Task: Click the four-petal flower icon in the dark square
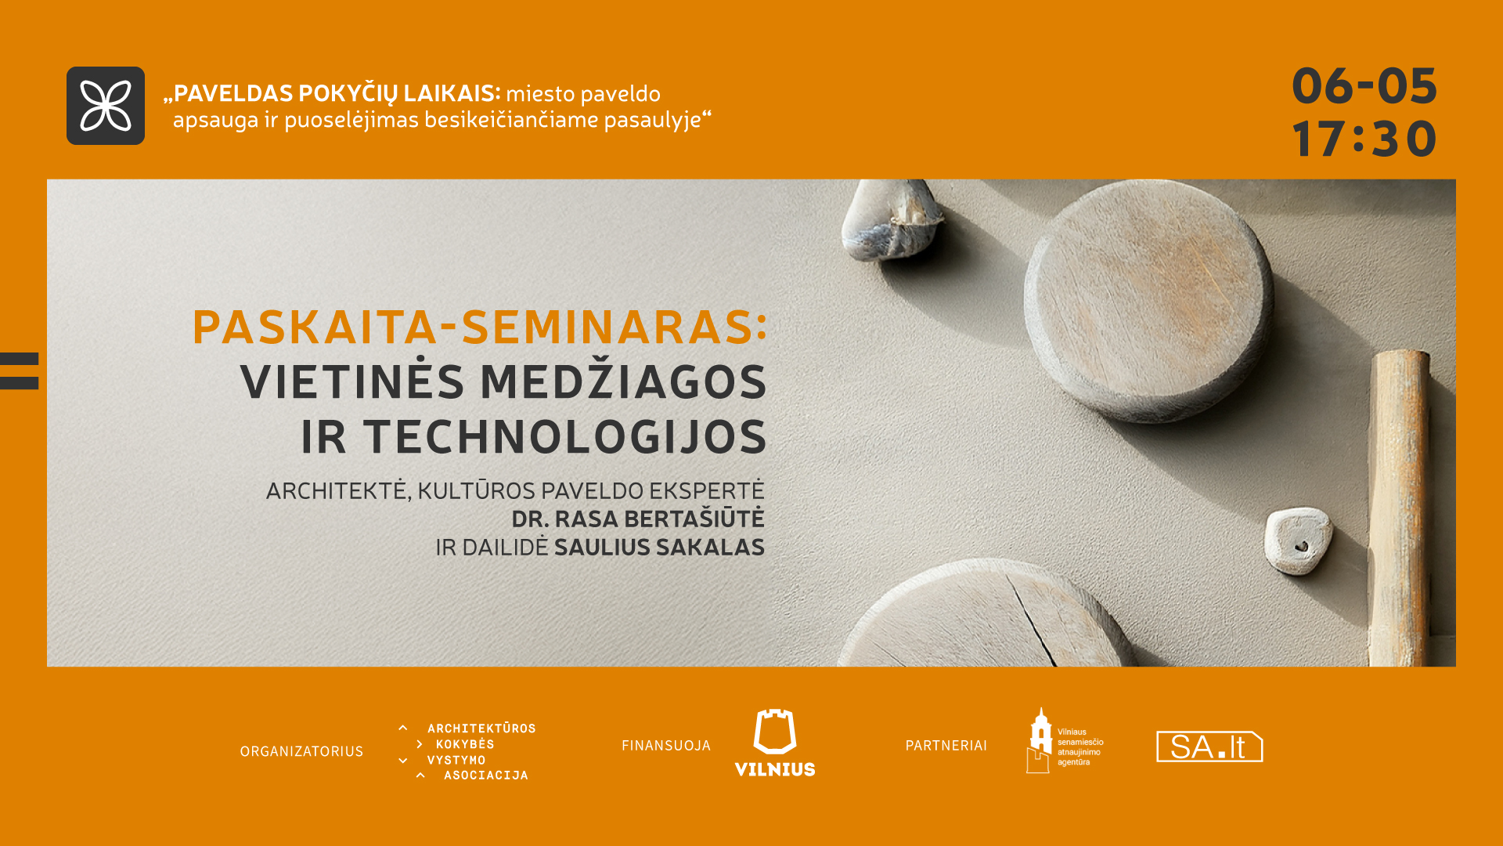(106, 106)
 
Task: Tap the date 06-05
(1364, 85)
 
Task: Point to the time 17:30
(1364, 139)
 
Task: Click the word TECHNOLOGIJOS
(565, 436)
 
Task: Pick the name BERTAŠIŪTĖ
(694, 518)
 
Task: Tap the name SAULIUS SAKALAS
(659, 547)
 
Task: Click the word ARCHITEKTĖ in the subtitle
(336, 490)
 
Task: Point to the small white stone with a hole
(1297, 540)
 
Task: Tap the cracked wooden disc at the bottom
(990, 615)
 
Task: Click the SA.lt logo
(1209, 747)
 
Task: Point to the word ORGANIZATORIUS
(301, 751)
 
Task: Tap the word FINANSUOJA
(666, 746)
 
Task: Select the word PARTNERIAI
(946, 746)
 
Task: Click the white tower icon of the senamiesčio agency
(1040, 740)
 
